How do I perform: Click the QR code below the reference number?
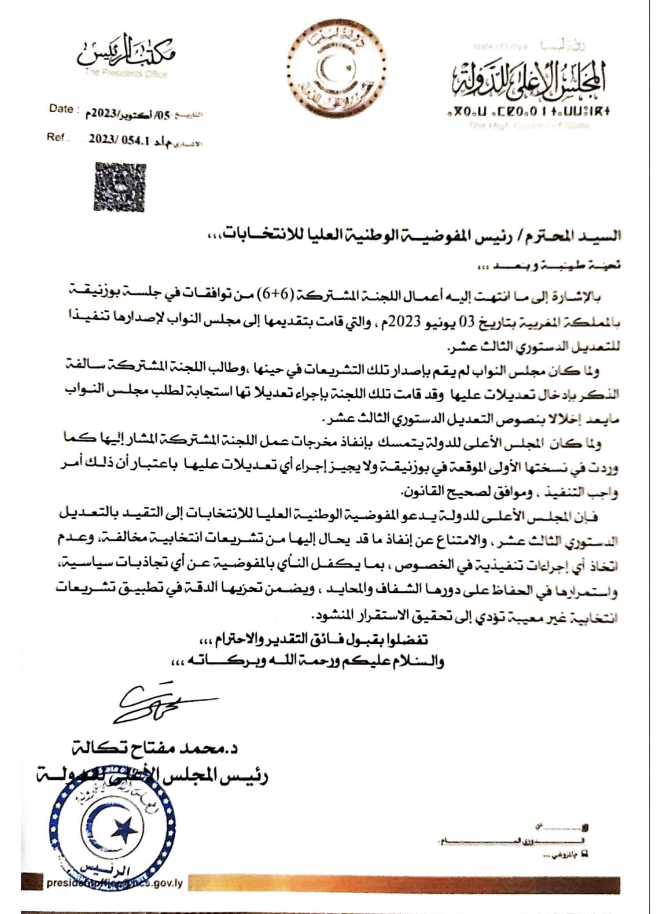point(120,186)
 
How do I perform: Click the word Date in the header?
point(61,109)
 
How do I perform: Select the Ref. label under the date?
point(58,138)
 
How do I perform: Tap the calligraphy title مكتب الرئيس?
point(127,52)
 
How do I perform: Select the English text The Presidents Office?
point(126,73)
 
